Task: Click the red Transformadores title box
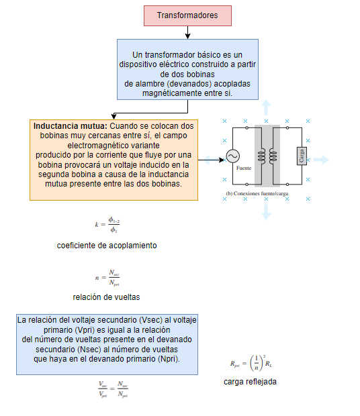click(187, 15)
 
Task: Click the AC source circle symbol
click(232, 156)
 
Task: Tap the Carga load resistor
click(302, 156)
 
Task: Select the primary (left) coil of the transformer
click(261, 156)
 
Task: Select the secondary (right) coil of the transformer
click(273, 156)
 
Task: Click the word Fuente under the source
click(244, 167)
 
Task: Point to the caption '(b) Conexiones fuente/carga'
click(257, 193)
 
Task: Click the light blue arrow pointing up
click(266, 105)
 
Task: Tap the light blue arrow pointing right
click(322, 160)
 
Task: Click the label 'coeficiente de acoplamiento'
click(107, 246)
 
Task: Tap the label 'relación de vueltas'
click(106, 297)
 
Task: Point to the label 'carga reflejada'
click(250, 382)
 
